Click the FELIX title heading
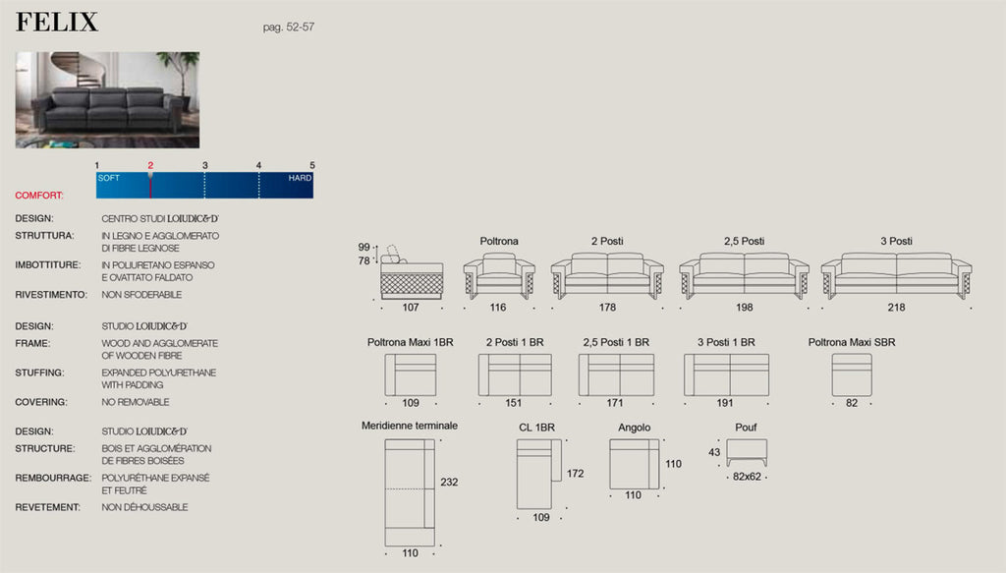coord(57,23)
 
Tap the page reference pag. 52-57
coord(289,27)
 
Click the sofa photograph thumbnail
coord(107,100)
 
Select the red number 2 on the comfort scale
coord(150,165)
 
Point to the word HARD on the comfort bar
coord(300,178)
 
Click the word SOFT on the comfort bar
coord(109,178)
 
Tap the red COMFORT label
coord(39,195)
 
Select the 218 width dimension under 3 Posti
coord(896,308)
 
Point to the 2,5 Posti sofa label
coord(745,241)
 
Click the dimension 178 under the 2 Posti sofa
coord(607,308)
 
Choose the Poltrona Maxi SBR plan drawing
coord(852,374)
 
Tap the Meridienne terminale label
coord(410,426)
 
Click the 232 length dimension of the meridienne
coord(449,482)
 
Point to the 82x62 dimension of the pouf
coord(747,477)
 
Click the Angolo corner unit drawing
coord(635,464)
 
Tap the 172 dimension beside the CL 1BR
coord(576,474)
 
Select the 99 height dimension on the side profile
coord(363,247)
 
